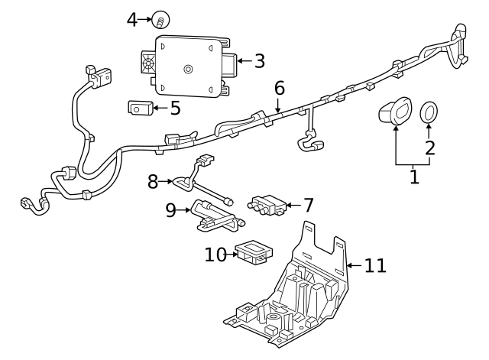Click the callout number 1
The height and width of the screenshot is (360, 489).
click(x=414, y=177)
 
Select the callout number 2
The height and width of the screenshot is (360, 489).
click(x=429, y=147)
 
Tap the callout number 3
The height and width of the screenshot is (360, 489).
click(x=259, y=60)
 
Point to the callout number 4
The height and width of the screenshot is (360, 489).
click(x=132, y=19)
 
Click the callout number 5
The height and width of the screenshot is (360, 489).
click(x=175, y=108)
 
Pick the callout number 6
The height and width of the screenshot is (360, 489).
click(x=280, y=88)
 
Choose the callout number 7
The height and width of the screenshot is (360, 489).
click(x=308, y=205)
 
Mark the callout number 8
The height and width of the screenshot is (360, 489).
click(x=153, y=181)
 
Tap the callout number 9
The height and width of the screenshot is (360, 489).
click(x=170, y=209)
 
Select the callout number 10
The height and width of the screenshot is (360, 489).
click(x=215, y=254)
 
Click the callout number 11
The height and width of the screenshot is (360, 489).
click(x=374, y=265)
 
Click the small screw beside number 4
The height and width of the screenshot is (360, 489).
click(x=161, y=19)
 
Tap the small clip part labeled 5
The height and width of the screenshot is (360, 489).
click(x=138, y=108)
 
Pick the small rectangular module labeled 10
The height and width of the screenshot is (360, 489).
click(x=252, y=252)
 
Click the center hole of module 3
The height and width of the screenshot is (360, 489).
click(x=188, y=70)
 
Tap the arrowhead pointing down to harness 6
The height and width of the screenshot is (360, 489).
click(x=280, y=109)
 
